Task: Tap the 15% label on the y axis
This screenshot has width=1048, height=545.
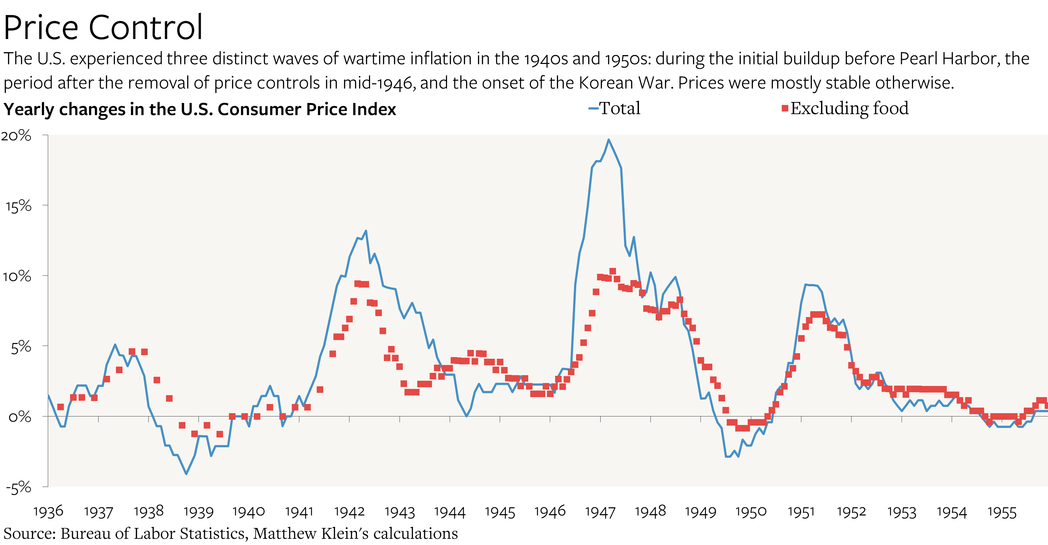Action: [18, 206]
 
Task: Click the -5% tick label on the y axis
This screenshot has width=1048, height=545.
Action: [18, 487]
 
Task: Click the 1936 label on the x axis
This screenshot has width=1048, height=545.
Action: [48, 512]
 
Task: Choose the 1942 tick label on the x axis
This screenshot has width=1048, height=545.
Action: [349, 512]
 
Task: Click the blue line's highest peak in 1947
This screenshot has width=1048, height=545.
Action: [608, 140]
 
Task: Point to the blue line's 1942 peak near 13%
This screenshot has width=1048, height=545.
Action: [366, 231]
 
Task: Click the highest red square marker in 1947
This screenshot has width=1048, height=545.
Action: [613, 271]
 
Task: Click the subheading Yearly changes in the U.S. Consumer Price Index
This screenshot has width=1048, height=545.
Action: [200, 109]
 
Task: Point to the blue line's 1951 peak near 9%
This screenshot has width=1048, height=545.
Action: [806, 284]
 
